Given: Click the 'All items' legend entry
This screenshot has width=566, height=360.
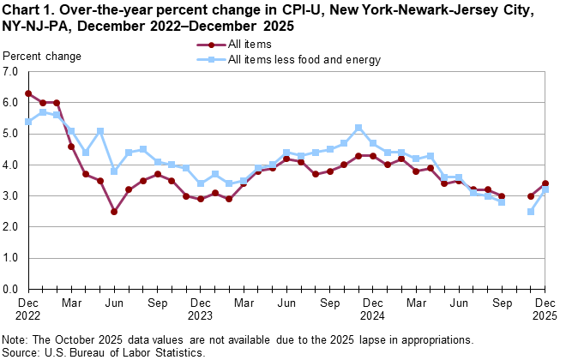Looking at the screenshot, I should pyautogui.click(x=248, y=45).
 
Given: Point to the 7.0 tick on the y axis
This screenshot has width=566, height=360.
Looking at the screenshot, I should pyautogui.click(x=12, y=71).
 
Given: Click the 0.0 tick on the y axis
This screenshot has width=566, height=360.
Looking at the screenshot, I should pyautogui.click(x=12, y=289).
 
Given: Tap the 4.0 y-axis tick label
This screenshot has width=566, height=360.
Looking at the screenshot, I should pyautogui.click(x=12, y=165).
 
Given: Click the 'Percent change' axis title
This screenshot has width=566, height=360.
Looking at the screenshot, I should pyautogui.click(x=43, y=57).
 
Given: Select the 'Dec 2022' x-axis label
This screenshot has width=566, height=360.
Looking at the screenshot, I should pyautogui.click(x=28, y=309).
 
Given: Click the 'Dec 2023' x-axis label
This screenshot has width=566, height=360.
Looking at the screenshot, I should pyautogui.click(x=201, y=309).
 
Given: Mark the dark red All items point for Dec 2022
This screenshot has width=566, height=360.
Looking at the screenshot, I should pyautogui.click(x=28, y=93).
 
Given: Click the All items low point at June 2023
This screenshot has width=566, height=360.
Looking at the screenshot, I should pyautogui.click(x=114, y=212).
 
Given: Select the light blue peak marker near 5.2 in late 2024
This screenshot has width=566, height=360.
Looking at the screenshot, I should pyautogui.click(x=358, y=128).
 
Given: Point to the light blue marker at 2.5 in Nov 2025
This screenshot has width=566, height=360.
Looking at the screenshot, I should pyautogui.click(x=531, y=212).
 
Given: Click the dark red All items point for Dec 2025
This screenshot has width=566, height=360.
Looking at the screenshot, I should pyautogui.click(x=545, y=183).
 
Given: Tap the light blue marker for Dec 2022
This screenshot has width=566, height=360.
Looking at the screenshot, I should pyautogui.click(x=28, y=122).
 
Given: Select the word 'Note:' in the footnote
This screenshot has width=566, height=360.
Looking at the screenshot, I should pyautogui.click(x=18, y=339).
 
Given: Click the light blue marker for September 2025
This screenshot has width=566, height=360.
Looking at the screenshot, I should pyautogui.click(x=502, y=202).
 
